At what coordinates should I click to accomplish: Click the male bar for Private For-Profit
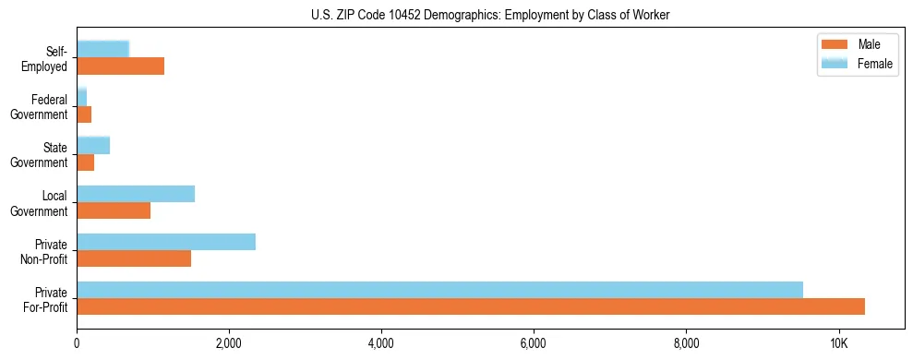point(471,306)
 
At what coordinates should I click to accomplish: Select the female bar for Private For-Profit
point(439,290)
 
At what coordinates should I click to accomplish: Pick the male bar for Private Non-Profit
point(134,258)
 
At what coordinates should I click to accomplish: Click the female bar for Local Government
point(136,194)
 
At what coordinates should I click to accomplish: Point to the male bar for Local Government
point(114,210)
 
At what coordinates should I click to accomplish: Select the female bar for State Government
point(93,146)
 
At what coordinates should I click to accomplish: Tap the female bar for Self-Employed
point(102,50)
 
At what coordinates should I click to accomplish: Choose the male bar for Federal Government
point(84,114)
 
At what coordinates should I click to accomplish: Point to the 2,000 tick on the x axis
point(229,344)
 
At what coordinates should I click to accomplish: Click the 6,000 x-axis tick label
point(534,344)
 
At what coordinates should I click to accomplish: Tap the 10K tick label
point(838,344)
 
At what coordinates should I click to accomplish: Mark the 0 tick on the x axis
point(77,344)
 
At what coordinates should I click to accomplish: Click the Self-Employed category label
point(50,59)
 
